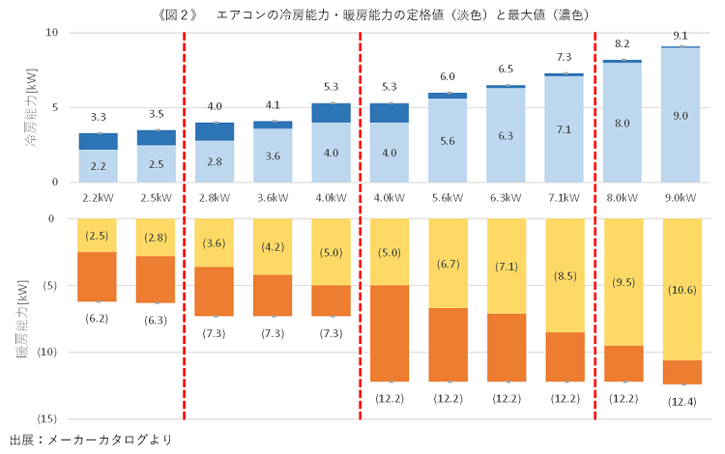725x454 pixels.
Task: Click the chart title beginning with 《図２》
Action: [x=362, y=14]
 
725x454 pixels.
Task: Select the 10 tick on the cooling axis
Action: [x=53, y=33]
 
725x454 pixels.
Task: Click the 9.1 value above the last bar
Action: [x=681, y=36]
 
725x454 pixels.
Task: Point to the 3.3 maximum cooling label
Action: [x=98, y=117]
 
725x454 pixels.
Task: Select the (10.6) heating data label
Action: [x=681, y=289]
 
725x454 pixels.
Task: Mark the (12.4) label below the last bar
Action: [x=681, y=400]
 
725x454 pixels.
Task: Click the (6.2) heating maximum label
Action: [x=98, y=318]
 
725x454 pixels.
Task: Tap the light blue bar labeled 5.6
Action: [x=448, y=140]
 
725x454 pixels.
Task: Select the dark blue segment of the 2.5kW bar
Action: [x=156, y=137]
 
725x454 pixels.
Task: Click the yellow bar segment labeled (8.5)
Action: [x=564, y=275]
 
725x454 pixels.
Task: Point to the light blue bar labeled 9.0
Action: [x=681, y=115]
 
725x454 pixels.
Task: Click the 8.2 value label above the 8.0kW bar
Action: [x=623, y=44]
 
